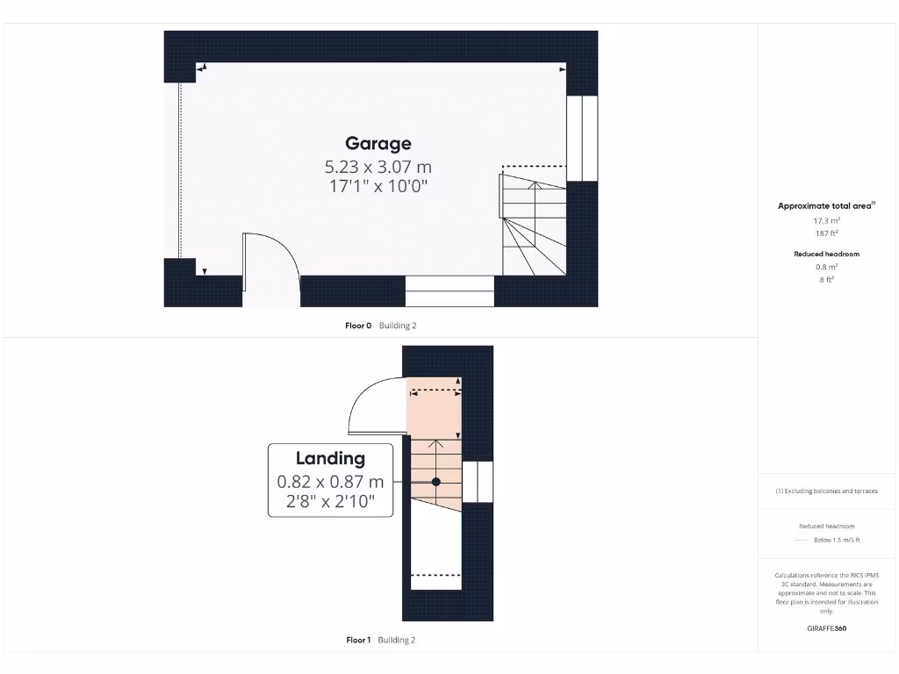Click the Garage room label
pyautogui.click(x=378, y=143)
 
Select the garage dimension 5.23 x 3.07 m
pyautogui.click(x=378, y=166)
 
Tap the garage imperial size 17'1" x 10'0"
pyautogui.click(x=378, y=186)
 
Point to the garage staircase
pyautogui.click(x=532, y=225)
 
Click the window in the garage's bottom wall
pyautogui.click(x=449, y=290)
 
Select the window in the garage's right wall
pyautogui.click(x=581, y=137)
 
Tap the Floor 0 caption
pyautogui.click(x=380, y=326)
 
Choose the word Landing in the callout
pyautogui.click(x=329, y=458)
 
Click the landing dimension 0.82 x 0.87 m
pyautogui.click(x=330, y=482)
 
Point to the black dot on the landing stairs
pyautogui.click(x=435, y=482)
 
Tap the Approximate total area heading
pyautogui.click(x=826, y=206)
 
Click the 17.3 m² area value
pyautogui.click(x=826, y=221)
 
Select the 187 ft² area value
pyautogui.click(x=826, y=234)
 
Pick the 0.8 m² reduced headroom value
pyautogui.click(x=826, y=267)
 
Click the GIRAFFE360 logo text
pyautogui.click(x=826, y=628)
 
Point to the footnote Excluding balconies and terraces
pyautogui.click(x=826, y=491)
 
